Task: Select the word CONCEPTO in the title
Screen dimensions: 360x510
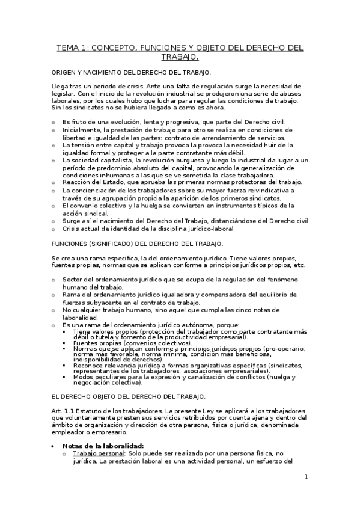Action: click(118, 48)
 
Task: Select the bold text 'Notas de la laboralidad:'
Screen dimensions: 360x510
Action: click(99, 446)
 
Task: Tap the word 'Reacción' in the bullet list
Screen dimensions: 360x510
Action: click(77, 182)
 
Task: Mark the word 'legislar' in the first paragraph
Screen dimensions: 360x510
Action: click(64, 94)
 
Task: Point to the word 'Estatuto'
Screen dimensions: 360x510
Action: click(90, 393)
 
